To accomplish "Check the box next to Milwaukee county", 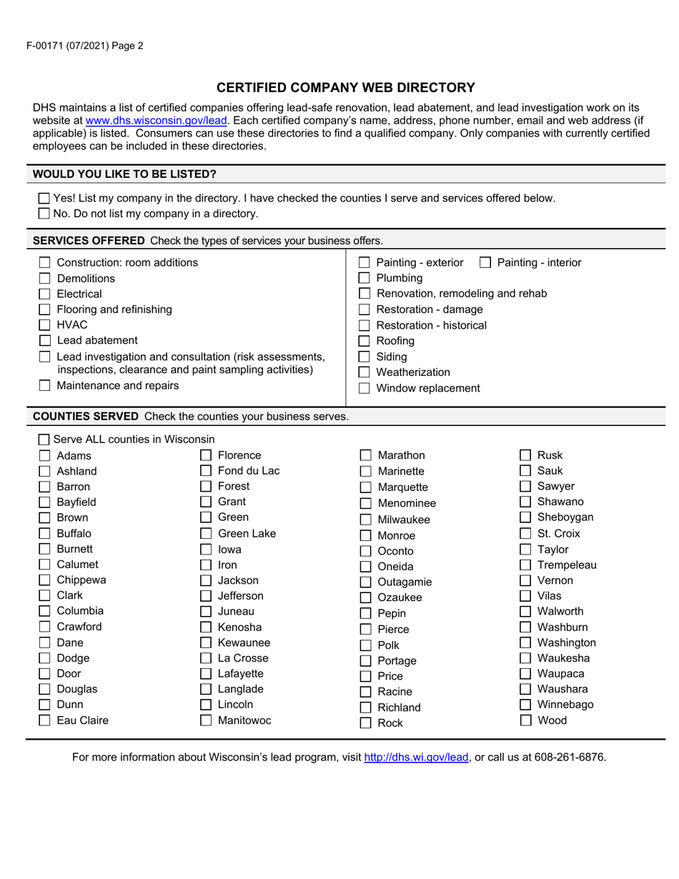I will point(365,520).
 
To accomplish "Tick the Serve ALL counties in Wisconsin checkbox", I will point(44,439).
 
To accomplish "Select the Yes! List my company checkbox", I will point(44,199).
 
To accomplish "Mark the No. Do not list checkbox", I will point(44,214).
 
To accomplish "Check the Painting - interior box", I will point(485,263).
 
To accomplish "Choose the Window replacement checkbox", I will point(365,389).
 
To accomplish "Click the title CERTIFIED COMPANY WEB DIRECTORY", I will point(346,88).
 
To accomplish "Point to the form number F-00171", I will point(49,46).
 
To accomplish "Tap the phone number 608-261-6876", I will point(570,758).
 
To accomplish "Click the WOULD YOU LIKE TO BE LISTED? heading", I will point(125,174).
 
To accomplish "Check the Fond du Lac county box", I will point(206,471).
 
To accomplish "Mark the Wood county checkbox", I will point(525,720).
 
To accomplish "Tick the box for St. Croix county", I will point(525,534).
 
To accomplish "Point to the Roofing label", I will point(395,341).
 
